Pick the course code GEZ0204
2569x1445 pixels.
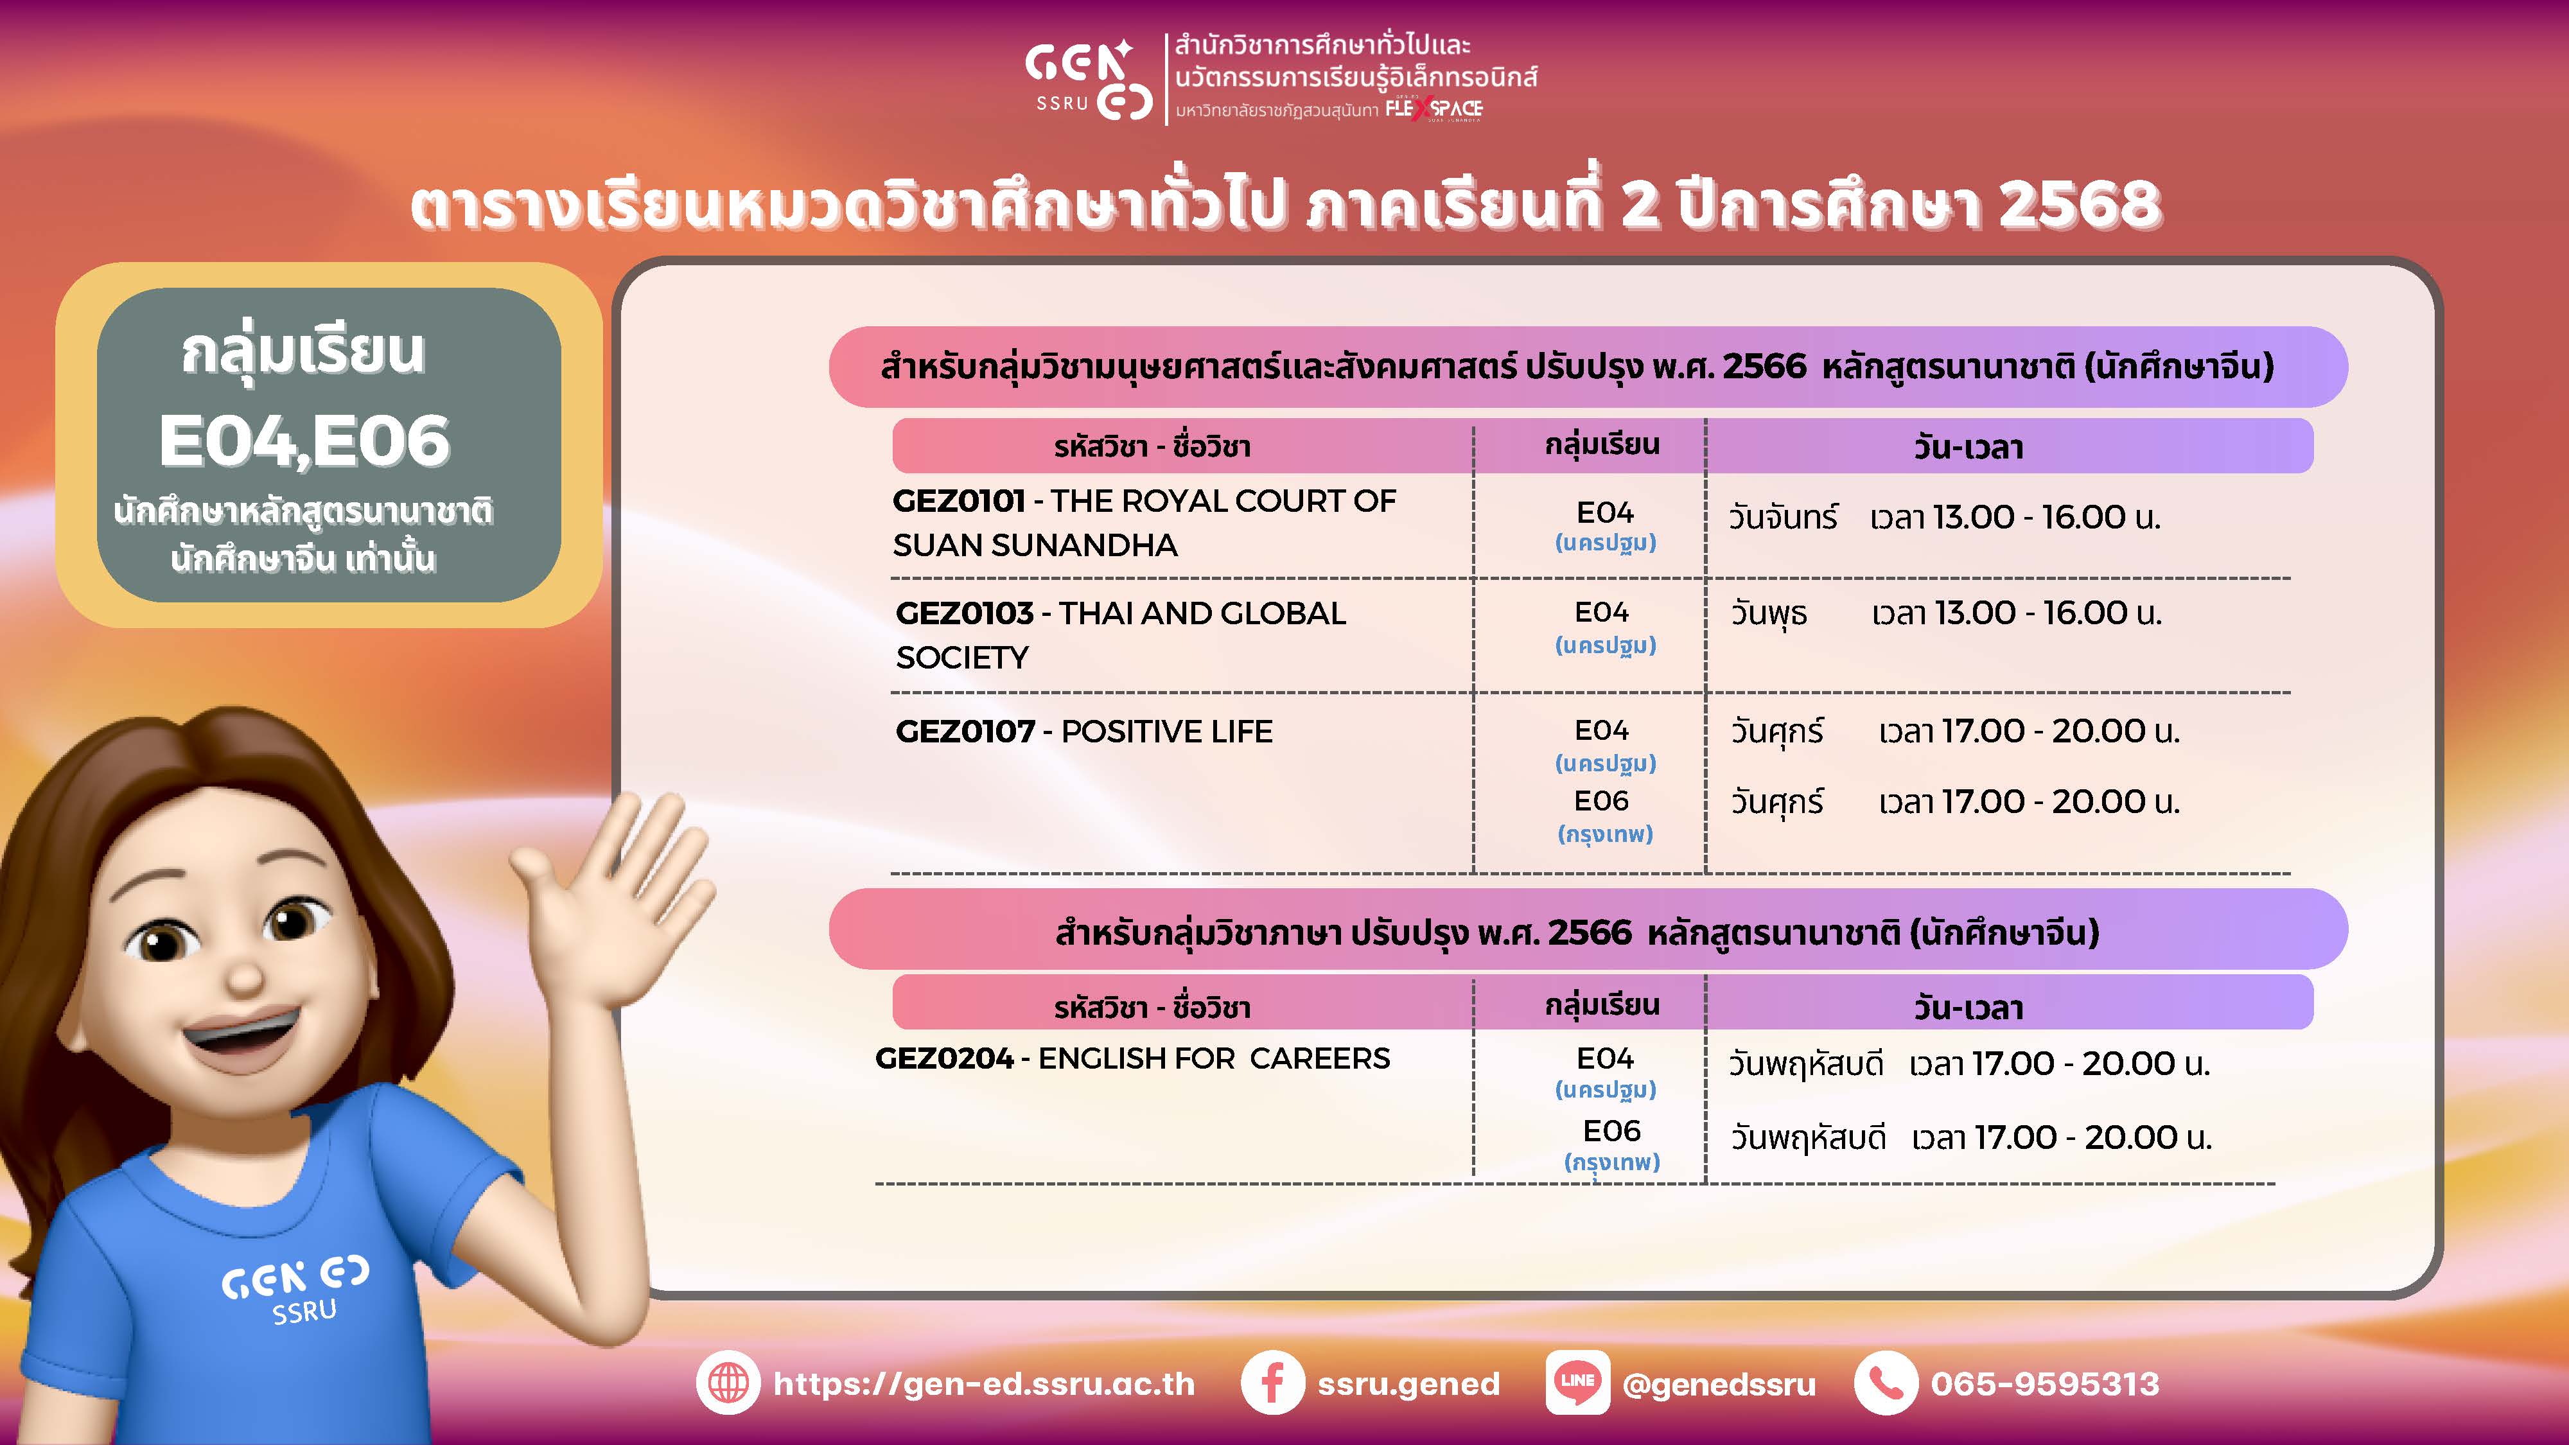pyautogui.click(x=943, y=1058)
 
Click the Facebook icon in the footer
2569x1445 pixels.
pyautogui.click(x=1272, y=1383)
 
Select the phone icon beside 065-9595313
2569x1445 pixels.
pyautogui.click(x=1885, y=1383)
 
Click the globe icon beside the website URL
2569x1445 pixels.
pyautogui.click(x=728, y=1383)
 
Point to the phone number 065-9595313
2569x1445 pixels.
pyautogui.click(x=2044, y=1384)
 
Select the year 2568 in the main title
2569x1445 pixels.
pyautogui.click(x=2080, y=204)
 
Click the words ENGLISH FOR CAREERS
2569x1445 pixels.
pyautogui.click(x=1214, y=1058)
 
